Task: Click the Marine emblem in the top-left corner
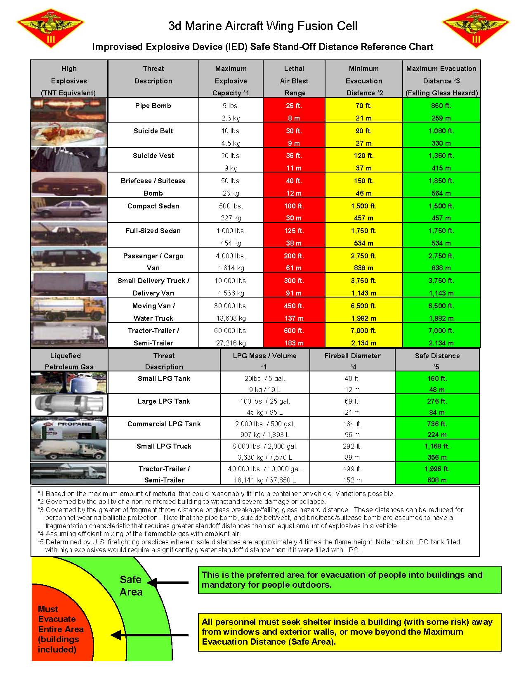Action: (50, 28)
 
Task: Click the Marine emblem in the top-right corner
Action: (476, 28)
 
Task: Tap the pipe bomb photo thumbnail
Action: (68, 109)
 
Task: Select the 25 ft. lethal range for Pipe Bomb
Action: (294, 106)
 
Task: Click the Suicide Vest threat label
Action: (153, 156)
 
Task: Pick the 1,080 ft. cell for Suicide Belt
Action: (441, 131)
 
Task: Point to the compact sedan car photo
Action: (68, 210)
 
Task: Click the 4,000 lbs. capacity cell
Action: (231, 256)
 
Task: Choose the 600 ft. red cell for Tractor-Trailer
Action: (294, 331)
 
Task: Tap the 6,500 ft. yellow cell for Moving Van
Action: (363, 306)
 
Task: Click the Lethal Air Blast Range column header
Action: (294, 80)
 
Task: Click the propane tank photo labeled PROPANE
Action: (68, 428)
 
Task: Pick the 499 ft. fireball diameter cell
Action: (352, 469)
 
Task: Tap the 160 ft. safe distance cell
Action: (437, 378)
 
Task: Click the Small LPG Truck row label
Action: (164, 446)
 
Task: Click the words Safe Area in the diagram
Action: (131, 586)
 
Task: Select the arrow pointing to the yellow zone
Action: (151, 635)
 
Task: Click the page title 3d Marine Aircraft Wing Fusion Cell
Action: (263, 26)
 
